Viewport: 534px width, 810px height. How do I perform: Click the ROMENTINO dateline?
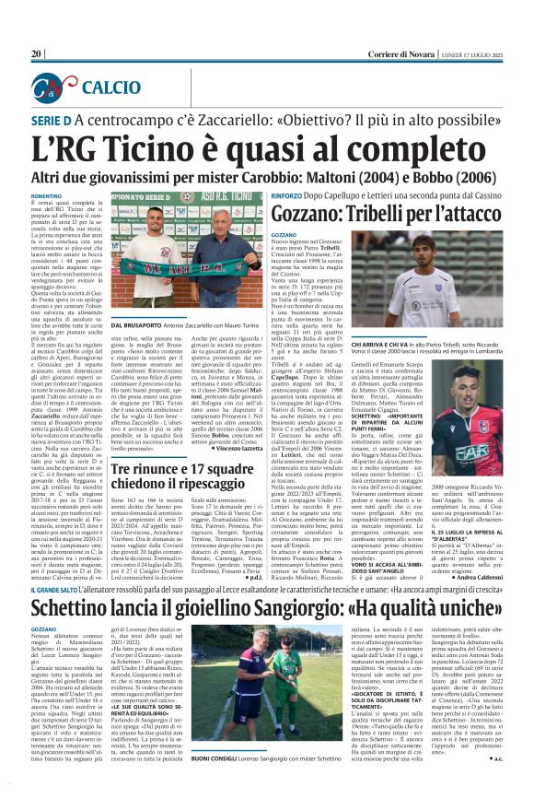(47, 196)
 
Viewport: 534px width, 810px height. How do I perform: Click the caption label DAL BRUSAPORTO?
(138, 326)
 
